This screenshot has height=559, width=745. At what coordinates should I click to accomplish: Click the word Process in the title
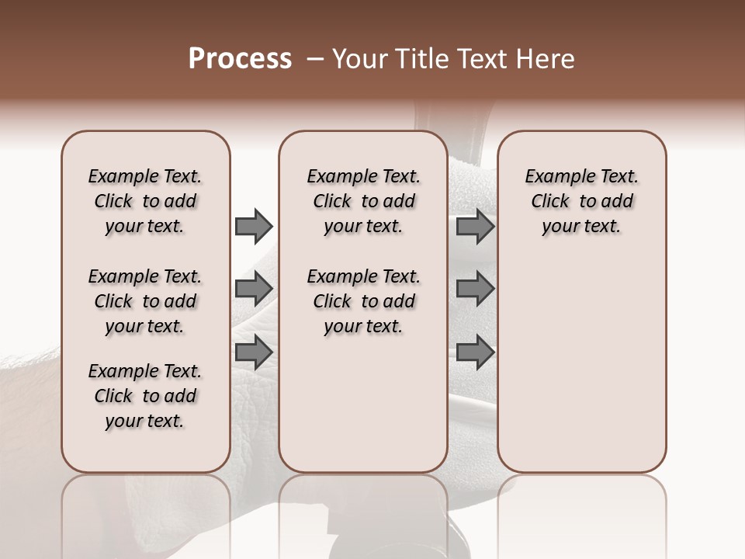point(240,59)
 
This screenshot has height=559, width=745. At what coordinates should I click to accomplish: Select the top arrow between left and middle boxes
point(254,227)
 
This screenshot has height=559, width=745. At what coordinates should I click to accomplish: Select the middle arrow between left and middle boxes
point(254,289)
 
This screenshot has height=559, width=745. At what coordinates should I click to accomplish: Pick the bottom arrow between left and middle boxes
point(254,352)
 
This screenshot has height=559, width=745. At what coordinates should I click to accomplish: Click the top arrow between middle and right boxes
point(475,227)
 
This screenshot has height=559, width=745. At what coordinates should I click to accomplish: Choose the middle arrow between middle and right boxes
point(475,289)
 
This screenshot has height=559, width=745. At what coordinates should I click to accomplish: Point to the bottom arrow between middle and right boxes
point(475,352)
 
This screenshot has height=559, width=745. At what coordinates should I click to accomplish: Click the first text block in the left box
point(145,201)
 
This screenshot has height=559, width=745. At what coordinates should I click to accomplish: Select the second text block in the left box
point(145,301)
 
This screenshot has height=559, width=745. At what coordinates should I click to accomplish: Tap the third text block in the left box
point(145,396)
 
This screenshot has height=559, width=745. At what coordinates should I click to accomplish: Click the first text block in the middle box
point(364,201)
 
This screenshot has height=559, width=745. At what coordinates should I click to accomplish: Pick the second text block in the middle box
point(364,301)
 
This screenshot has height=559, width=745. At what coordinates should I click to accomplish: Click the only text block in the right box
point(582,201)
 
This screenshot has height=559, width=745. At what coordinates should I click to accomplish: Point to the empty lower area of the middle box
point(363,404)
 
